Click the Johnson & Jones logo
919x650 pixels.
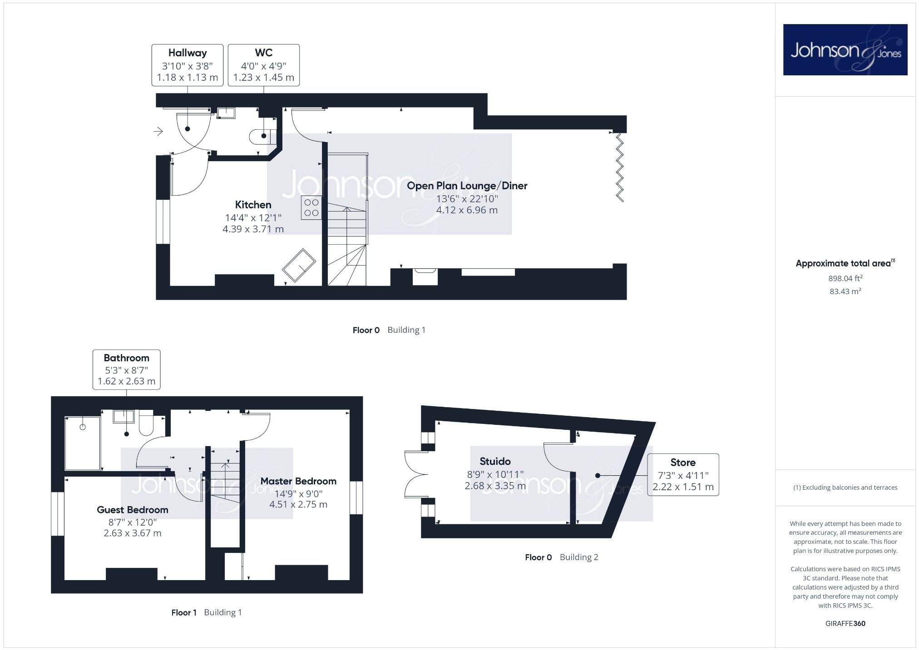point(845,49)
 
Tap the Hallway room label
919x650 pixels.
point(187,53)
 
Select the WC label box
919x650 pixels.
point(263,65)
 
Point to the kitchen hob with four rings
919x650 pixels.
point(311,207)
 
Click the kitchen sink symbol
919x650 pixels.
point(299,265)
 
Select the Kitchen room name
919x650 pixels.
point(253,205)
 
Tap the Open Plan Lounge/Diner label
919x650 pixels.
point(467,186)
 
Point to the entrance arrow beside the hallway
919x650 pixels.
point(158,131)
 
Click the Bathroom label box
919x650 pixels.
point(126,369)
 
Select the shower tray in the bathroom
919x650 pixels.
point(82,443)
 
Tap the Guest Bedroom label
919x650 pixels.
point(132,510)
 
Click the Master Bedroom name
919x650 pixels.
point(298,481)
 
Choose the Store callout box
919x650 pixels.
point(683,474)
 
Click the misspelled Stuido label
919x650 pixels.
point(495,462)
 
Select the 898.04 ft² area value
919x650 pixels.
point(845,278)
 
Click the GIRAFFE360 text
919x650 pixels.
point(845,623)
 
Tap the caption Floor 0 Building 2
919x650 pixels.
point(561,557)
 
